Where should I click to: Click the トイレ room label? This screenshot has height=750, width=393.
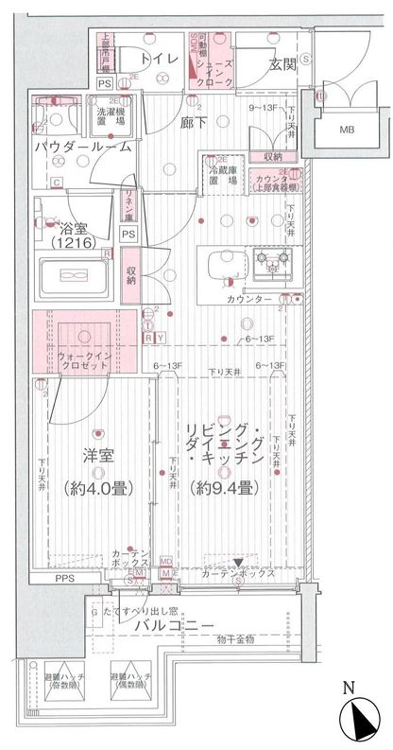click(x=166, y=60)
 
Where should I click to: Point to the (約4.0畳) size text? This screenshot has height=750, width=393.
click(x=98, y=489)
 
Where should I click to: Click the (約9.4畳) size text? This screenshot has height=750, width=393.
click(x=221, y=489)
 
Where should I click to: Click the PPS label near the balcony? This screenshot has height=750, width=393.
click(x=63, y=578)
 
